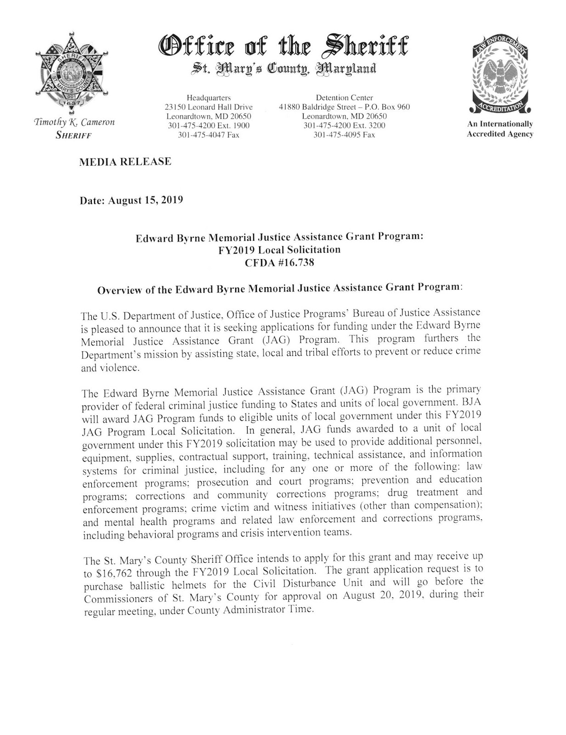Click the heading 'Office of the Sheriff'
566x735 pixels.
(283, 47)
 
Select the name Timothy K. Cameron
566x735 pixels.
(74, 123)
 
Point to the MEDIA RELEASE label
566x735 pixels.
(125, 162)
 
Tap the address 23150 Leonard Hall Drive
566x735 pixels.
(209, 107)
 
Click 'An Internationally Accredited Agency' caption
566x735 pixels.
(500, 129)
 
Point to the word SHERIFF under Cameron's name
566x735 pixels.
(73, 135)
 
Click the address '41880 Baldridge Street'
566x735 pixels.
(319, 107)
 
